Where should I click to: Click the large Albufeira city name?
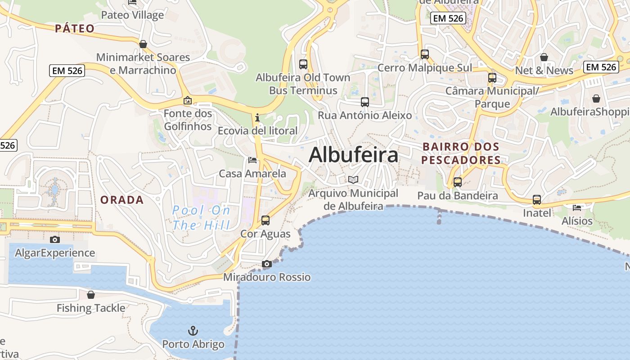353,155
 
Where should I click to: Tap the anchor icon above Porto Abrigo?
193,331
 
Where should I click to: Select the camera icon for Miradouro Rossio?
267,264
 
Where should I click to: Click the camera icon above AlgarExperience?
55,239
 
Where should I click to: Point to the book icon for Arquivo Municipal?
354,180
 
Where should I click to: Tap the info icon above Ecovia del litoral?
257,118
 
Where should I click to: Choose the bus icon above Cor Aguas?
265,220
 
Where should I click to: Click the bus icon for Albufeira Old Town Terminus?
303,64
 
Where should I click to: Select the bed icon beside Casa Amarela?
252,160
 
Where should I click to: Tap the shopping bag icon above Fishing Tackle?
91,295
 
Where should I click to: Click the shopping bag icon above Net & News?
544,57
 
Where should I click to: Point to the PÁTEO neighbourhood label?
75,29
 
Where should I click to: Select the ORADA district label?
122,200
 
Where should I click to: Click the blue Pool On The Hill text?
201,217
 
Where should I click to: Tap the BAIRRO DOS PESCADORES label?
461,153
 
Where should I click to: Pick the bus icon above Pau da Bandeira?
458,182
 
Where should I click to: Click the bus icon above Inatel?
537,199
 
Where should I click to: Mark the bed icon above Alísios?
577,207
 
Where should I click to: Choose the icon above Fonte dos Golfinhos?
188,100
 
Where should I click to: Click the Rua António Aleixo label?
365,115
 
